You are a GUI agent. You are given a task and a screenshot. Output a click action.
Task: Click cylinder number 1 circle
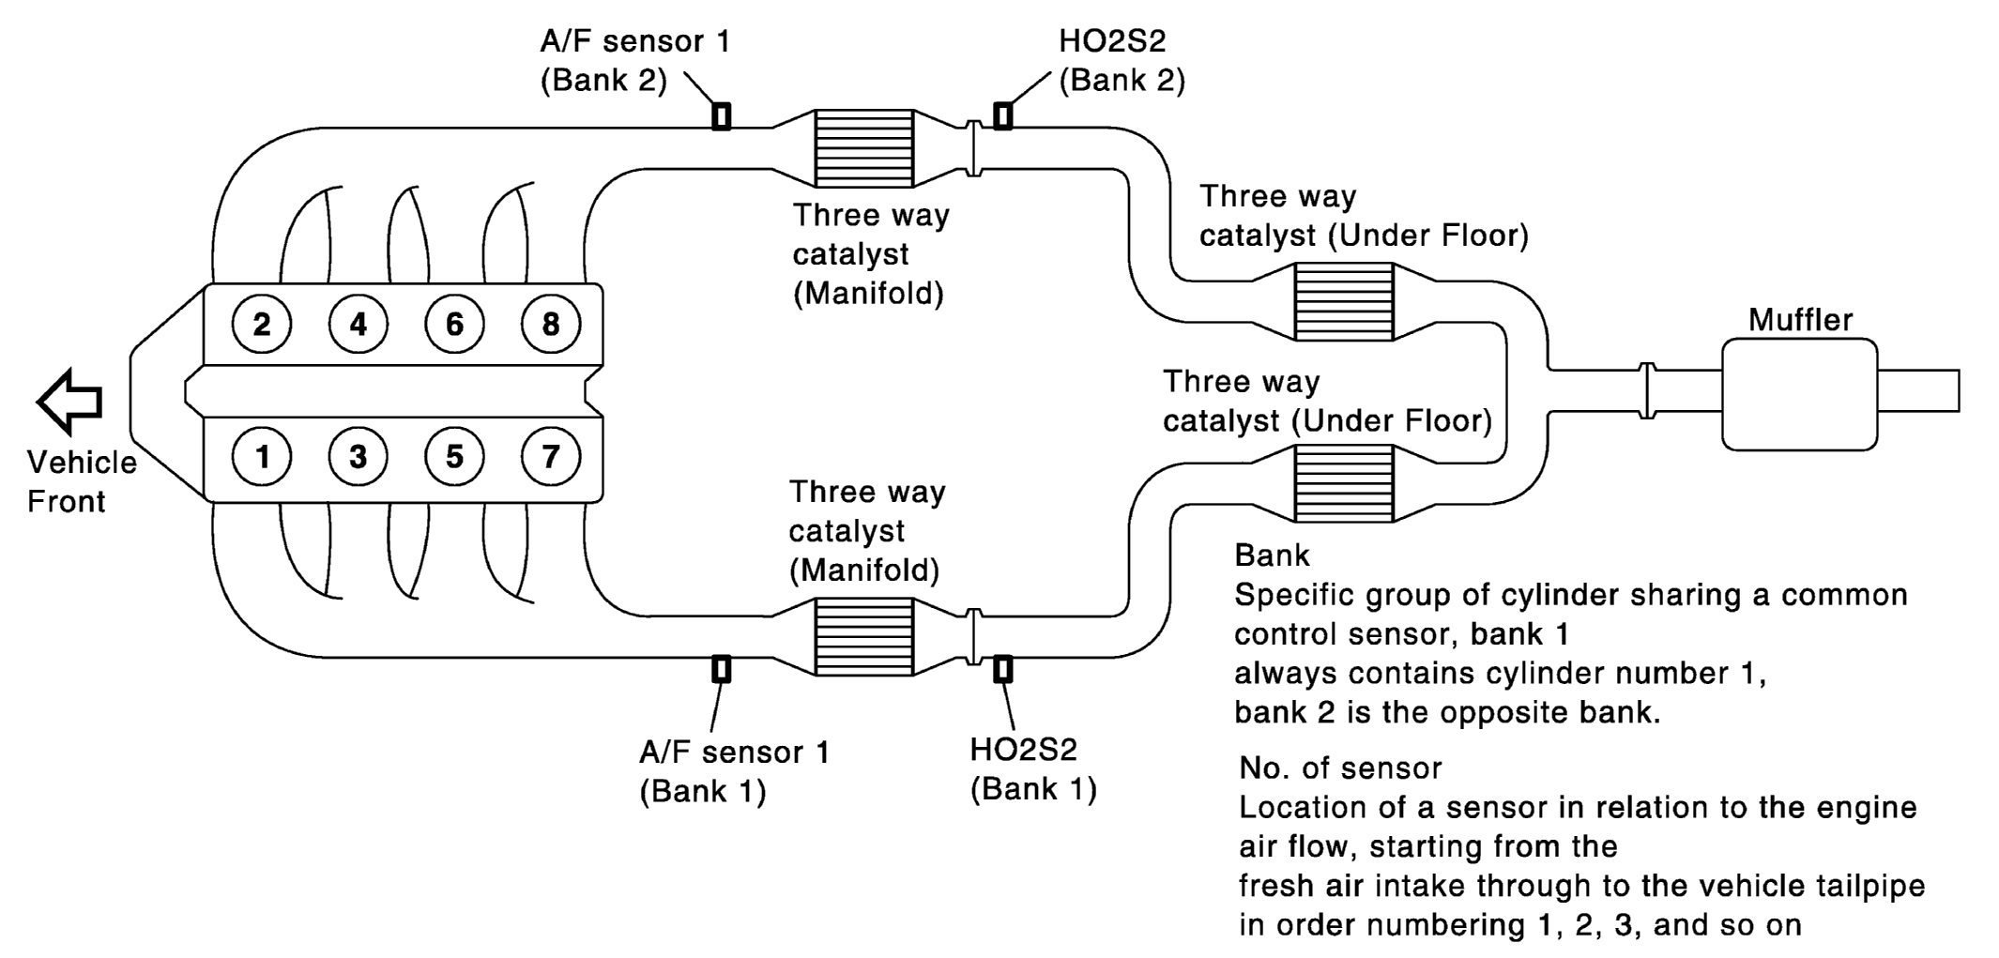pos(262,457)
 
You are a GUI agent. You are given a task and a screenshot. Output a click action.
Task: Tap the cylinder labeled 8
pos(550,325)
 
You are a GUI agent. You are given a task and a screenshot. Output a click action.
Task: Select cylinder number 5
pos(454,457)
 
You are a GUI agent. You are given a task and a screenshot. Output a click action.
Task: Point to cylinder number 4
pos(359,325)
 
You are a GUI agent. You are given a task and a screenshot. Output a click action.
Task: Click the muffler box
pos(1799,394)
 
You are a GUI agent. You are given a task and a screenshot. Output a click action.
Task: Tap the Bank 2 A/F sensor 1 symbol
pos(721,115)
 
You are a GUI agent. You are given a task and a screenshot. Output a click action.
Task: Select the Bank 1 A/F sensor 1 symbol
pos(721,669)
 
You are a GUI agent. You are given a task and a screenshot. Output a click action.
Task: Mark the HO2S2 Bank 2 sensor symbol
pos(1002,115)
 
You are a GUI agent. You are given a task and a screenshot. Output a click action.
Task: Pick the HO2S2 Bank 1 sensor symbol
pos(1002,669)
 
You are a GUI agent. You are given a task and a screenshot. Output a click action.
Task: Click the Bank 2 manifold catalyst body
pos(863,148)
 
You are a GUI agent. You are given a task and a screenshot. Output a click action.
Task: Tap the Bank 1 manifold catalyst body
pos(863,637)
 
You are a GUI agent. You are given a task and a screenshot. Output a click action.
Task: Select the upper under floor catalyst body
pos(1343,301)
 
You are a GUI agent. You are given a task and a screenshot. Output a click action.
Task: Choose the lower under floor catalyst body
pos(1343,483)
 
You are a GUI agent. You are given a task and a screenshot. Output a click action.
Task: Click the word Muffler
pos(1800,320)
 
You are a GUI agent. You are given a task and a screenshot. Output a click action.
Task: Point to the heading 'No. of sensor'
pos(1340,768)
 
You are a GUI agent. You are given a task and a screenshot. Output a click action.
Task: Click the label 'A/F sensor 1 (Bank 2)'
pos(635,60)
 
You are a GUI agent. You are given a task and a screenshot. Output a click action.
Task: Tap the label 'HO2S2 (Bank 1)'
pos(1032,769)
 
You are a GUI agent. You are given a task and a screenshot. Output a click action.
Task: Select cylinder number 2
pos(262,325)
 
